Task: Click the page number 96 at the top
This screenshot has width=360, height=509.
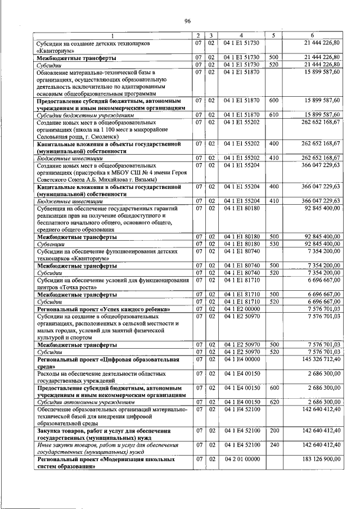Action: tap(187, 21)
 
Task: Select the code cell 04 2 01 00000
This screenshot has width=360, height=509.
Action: tap(241, 460)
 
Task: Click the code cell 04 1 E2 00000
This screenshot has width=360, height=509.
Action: tap(241, 309)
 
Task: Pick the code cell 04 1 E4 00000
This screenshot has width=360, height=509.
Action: tap(241, 358)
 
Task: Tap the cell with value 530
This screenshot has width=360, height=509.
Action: tap(274, 244)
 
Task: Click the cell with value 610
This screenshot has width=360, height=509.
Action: tap(274, 114)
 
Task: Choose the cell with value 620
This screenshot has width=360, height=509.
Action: tap(274, 402)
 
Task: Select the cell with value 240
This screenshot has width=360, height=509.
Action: tap(274, 445)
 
